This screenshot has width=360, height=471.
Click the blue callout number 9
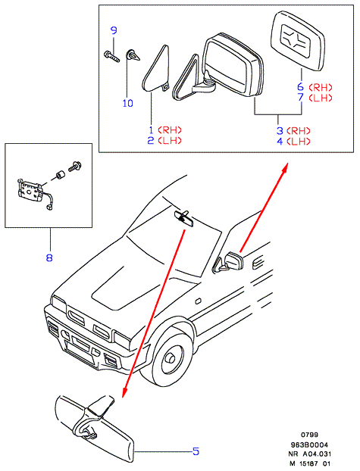[x=114, y=30]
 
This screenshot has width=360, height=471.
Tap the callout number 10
[x=128, y=103]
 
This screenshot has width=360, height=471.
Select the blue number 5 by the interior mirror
[x=196, y=451]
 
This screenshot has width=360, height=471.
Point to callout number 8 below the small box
[x=49, y=257]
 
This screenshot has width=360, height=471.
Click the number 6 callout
[x=300, y=87]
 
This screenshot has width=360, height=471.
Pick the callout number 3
[x=280, y=131]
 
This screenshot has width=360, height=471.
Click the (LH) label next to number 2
[x=170, y=140]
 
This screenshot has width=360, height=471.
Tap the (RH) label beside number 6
[x=321, y=87]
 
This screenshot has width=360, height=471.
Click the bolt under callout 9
[x=111, y=56]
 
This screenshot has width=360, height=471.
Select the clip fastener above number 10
[x=133, y=55]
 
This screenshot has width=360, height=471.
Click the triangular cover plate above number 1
[x=156, y=68]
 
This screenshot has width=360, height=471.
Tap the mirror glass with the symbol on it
[x=299, y=41]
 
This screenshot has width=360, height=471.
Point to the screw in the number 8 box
[x=75, y=166]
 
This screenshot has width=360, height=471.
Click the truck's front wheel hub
[x=171, y=358]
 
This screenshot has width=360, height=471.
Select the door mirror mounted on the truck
[x=230, y=262]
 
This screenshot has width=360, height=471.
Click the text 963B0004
[x=309, y=444]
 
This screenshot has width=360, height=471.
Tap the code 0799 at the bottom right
[x=309, y=435]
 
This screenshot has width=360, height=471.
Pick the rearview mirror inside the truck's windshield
[x=183, y=218]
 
